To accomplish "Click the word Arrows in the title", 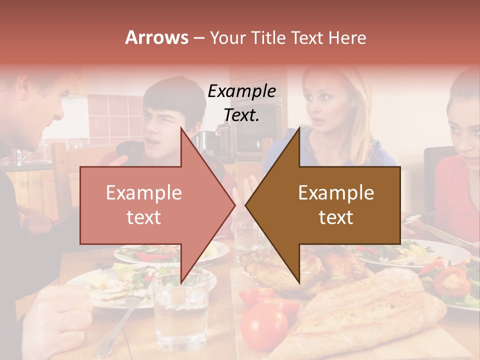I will [x=156, y=38].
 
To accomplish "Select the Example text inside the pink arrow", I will [x=143, y=204].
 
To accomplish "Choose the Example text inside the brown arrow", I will [x=336, y=204].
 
